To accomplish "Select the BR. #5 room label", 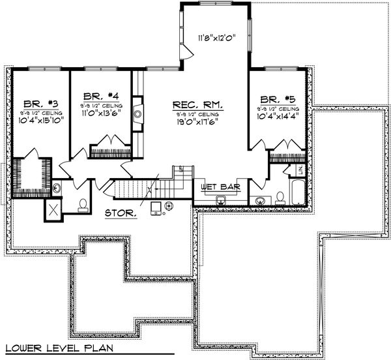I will (x=277, y=95).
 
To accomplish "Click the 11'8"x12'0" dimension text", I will (x=215, y=38).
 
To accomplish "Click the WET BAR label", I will (x=218, y=187).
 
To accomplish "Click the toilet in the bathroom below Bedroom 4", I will (x=83, y=205).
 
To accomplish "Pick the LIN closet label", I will (x=300, y=171).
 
